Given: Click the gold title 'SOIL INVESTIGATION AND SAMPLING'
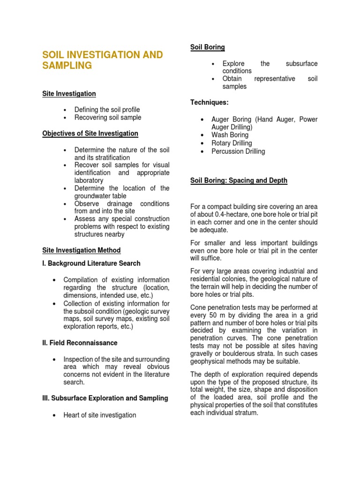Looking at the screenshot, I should pos(103,60).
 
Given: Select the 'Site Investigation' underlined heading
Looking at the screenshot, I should pos(69,94).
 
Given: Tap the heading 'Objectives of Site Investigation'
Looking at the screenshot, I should pos(90,134).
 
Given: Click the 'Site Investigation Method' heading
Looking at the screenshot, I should pos(81,250).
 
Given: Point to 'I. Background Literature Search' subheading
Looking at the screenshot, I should pos(91,263).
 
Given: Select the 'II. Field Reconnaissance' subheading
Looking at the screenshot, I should pos(79,343).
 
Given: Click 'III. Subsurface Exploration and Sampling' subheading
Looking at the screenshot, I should pos(105,398).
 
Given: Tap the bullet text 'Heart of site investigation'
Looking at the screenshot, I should pos(100,415).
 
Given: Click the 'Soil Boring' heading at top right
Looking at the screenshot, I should pos(207,47).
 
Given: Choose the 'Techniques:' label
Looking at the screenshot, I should pos(209,103).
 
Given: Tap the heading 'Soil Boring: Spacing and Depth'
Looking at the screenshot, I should pos(239,180).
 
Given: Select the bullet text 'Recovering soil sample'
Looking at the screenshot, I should pos(108,118).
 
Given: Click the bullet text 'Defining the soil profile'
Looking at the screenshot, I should pos(107,110).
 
